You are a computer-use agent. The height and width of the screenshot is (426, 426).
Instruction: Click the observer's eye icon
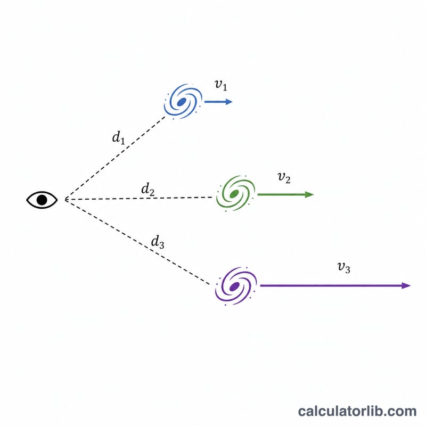pyautogui.click(x=42, y=200)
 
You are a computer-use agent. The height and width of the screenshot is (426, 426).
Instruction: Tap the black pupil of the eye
pyautogui.click(x=42, y=200)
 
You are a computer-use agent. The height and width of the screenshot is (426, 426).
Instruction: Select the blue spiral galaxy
pyautogui.click(x=183, y=101)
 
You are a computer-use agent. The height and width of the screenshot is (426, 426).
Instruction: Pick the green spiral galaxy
pyautogui.click(x=235, y=193)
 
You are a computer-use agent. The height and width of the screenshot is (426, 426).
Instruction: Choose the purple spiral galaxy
pyautogui.click(x=235, y=286)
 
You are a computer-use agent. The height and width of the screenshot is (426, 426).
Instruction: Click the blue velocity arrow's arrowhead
pyautogui.click(x=229, y=102)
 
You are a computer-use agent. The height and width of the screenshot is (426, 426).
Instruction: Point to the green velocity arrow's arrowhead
pyautogui.click(x=310, y=194)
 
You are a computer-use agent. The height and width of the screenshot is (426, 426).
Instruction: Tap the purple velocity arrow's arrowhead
pyautogui.click(x=406, y=285)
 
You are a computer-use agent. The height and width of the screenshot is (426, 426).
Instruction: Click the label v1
pyautogui.click(x=220, y=85)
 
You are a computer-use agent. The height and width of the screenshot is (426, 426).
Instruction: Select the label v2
pyautogui.click(x=284, y=178)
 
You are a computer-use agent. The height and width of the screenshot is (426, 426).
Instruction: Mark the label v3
pyautogui.click(x=343, y=267)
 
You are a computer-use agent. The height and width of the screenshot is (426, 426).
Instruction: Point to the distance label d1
pyautogui.click(x=119, y=137)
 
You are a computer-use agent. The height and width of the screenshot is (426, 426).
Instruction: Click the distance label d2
pyautogui.click(x=148, y=189)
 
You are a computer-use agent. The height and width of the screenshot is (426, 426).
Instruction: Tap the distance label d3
pyautogui.click(x=158, y=242)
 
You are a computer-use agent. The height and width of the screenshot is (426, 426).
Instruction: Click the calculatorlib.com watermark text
pyautogui.click(x=357, y=411)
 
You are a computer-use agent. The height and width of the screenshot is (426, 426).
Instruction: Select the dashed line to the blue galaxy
pyautogui.click(x=115, y=158)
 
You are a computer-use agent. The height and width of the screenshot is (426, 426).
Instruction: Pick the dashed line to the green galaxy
pyautogui.click(x=138, y=198)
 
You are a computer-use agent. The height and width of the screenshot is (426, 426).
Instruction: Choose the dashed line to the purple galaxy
pyautogui.click(x=137, y=242)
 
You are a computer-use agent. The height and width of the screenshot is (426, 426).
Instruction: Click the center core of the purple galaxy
pyautogui.click(x=234, y=286)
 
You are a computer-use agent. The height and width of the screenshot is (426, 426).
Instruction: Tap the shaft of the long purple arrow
pyautogui.click(x=331, y=285)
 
